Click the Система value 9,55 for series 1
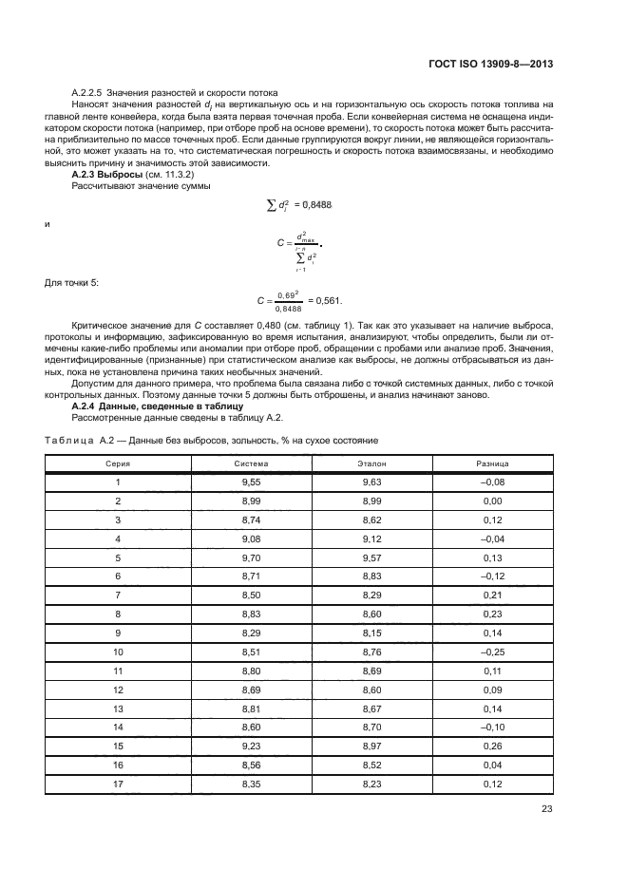(x=252, y=482)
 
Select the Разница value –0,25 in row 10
(x=491, y=652)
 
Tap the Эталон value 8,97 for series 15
(x=371, y=747)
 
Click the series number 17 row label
(x=118, y=785)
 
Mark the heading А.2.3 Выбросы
(x=106, y=176)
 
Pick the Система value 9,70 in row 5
(x=252, y=557)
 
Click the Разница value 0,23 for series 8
(x=491, y=614)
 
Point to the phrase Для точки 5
(x=70, y=282)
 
